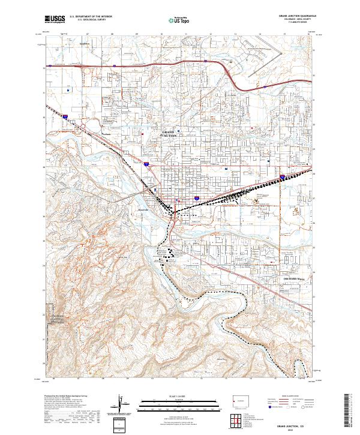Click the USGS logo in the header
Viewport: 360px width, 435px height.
(54, 20)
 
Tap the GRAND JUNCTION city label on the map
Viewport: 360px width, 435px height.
(170, 134)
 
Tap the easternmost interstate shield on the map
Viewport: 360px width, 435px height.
(282, 176)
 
